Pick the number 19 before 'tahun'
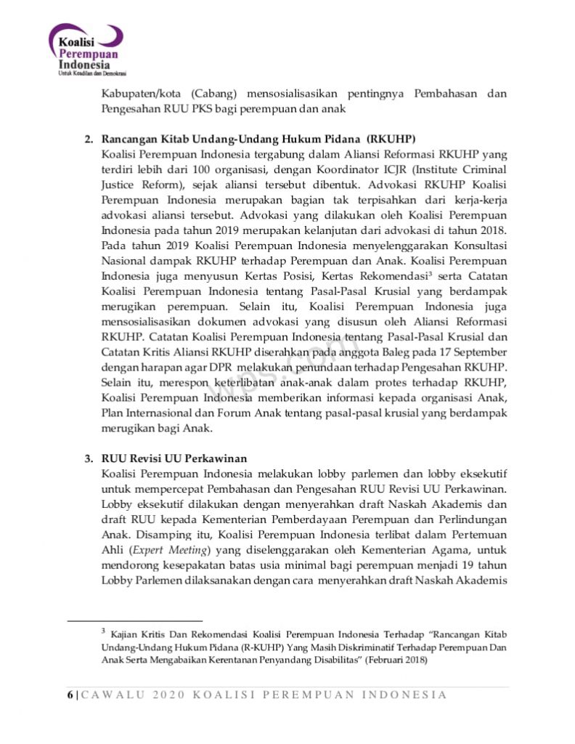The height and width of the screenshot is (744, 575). (x=461, y=566)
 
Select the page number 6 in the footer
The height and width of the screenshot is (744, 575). (x=70, y=695)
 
